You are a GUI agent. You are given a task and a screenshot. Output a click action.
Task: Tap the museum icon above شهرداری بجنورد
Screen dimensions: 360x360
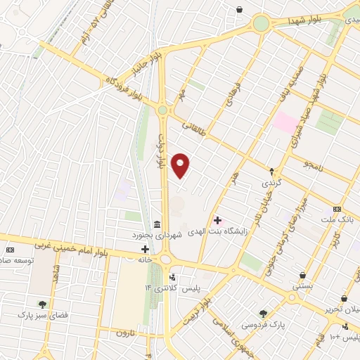155,223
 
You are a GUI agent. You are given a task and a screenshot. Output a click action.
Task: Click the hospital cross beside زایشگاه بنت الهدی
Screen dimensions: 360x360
217,221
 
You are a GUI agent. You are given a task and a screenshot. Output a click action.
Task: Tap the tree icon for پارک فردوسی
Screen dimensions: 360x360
263,314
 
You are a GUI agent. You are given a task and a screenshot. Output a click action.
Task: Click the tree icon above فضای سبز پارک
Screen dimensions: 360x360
42,304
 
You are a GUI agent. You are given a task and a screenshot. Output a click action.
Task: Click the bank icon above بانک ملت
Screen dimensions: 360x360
337,209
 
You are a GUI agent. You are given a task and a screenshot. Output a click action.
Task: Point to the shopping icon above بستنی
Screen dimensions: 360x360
302,276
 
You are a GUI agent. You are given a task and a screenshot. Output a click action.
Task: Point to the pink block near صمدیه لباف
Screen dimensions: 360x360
285,122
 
